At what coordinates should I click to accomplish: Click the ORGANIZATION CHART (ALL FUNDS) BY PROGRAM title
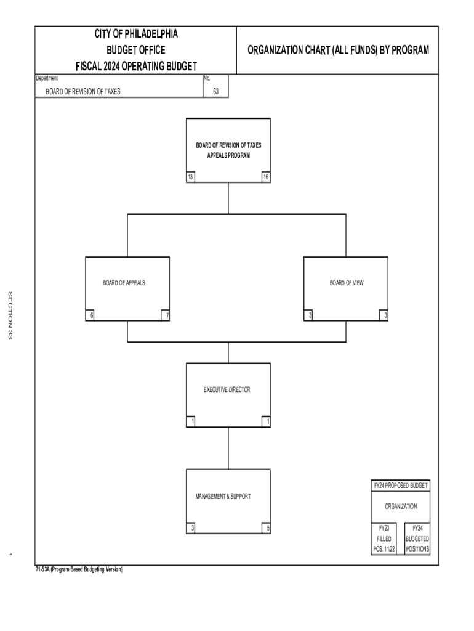point(338,51)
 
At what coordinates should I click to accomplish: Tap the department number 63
point(216,92)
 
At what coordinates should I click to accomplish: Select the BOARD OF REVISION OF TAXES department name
point(83,92)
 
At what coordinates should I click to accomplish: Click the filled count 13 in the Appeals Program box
point(191,177)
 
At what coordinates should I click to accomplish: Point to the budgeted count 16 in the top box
point(265,177)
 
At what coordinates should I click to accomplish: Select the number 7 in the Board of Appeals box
point(164,315)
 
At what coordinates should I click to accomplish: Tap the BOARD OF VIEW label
point(346,283)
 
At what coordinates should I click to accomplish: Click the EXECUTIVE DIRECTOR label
point(227,389)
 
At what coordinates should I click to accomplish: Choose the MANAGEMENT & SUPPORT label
point(223,496)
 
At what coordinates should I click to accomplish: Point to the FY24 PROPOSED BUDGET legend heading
point(401,486)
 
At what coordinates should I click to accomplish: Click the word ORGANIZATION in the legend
point(401,507)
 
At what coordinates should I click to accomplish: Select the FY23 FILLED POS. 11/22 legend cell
point(384,539)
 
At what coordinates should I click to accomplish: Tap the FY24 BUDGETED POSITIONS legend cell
point(417,539)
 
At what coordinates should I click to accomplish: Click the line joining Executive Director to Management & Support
point(228,448)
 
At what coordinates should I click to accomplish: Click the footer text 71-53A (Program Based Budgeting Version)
point(79,570)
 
